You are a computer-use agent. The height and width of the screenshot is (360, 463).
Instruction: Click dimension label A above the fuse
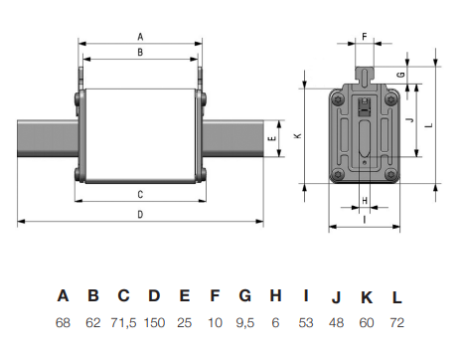tap(140, 36)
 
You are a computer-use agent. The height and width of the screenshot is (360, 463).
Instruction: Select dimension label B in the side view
tap(140, 51)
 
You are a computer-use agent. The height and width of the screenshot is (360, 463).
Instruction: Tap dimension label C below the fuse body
tap(140, 194)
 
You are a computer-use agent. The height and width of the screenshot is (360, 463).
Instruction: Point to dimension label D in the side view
tap(140, 215)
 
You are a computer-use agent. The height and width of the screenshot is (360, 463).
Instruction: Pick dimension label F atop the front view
tap(364, 36)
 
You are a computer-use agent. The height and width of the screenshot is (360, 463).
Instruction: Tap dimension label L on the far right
tap(428, 125)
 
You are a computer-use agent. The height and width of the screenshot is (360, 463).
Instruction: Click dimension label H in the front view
tap(364, 201)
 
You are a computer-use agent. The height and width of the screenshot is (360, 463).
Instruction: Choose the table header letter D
tap(154, 295)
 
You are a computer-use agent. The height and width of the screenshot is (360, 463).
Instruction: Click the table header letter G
tap(244, 295)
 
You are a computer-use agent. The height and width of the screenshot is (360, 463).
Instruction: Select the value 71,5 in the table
tap(123, 322)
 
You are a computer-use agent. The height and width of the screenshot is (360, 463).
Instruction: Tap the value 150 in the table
tap(154, 322)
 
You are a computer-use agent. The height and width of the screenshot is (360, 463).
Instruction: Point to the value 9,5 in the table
tap(244, 322)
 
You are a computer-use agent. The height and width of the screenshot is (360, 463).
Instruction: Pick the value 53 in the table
tap(306, 322)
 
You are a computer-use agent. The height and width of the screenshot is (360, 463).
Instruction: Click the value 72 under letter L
tap(397, 322)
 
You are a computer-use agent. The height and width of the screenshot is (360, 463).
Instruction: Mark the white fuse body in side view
tap(140, 136)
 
